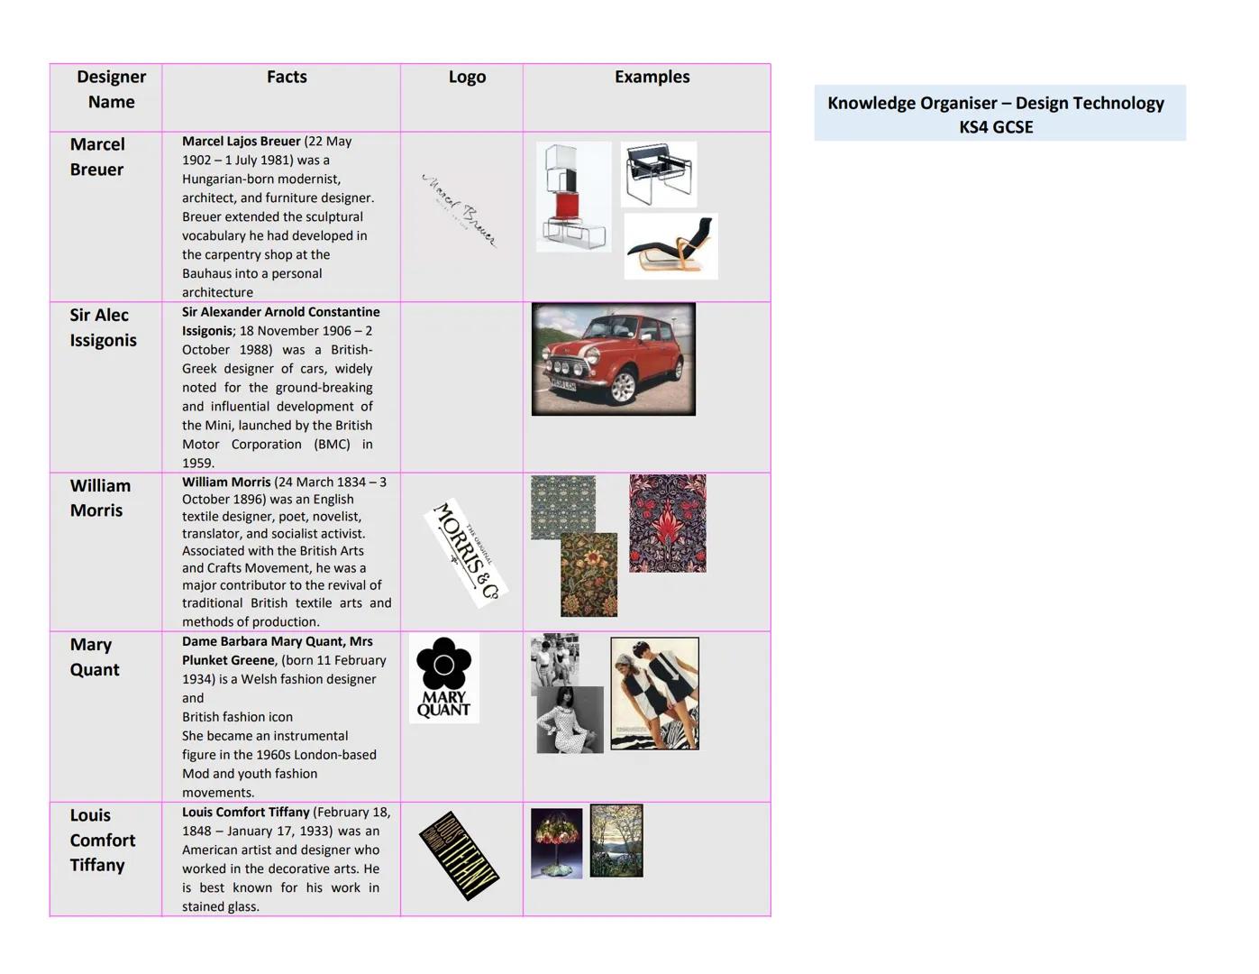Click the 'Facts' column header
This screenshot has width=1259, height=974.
pos(287,78)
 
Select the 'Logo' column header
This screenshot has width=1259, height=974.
pos(467,78)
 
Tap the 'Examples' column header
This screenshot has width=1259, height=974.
pos(652,78)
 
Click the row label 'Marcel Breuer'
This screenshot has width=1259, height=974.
pos(97,157)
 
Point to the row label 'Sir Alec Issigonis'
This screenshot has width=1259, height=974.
pos(103,327)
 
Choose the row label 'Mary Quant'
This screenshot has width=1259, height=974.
pos(94,657)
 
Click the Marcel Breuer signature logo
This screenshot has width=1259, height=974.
pos(459,210)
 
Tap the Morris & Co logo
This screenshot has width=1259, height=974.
pos(466,552)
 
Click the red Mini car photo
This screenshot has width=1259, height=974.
pos(613,359)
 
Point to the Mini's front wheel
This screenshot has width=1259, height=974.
pos(622,386)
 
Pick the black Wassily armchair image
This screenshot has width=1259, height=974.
pos(660,173)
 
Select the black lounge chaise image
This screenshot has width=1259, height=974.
pos(671,246)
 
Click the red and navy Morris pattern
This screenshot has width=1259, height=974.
pos(667,523)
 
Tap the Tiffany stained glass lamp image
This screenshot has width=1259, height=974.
pos(556,843)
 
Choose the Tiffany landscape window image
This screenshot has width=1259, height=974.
pos(616,841)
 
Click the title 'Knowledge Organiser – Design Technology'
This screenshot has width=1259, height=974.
pos(995,103)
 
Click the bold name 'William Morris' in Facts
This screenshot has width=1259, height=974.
pos(226,482)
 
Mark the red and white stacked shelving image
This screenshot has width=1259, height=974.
pos(572,197)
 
